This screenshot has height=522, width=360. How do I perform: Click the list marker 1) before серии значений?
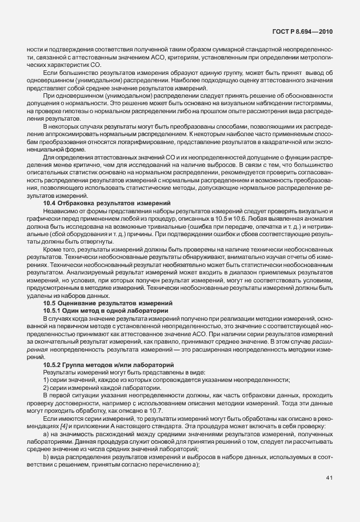[x=46, y=380]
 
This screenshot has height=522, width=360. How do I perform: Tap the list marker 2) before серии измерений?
[x=46, y=388]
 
